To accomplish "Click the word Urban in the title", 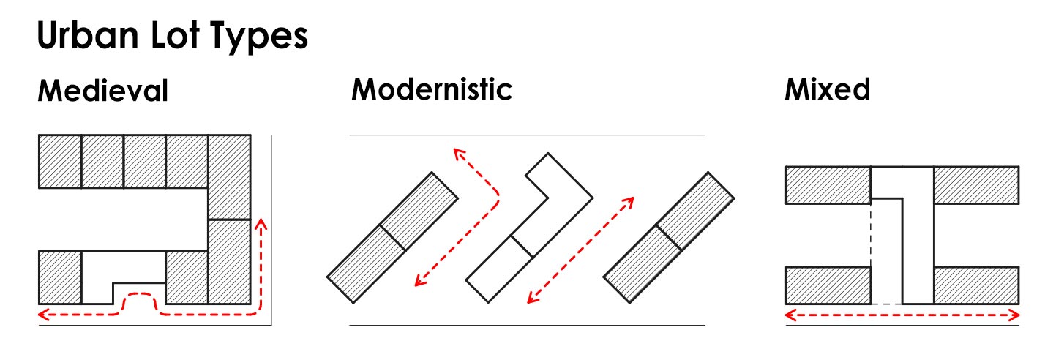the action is pos(88,34).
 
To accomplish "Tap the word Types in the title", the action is pos(259,37).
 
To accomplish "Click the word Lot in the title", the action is pos(175,34).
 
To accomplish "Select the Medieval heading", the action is pos(102,91).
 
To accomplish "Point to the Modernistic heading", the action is pos(432,89).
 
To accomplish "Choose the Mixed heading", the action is pos(827,89).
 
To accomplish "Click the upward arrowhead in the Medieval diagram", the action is pos(261,225).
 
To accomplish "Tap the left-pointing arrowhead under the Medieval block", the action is pos(44,315).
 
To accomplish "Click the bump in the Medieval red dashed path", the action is pos(140,295).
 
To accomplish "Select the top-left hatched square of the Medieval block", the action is pos(60,162).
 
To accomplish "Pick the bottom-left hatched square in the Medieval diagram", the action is pos(60,278).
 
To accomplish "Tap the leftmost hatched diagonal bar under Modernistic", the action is pos(392,238).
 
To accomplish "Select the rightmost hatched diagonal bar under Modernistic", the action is pos(669,238).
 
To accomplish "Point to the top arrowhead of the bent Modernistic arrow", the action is pos(459,154).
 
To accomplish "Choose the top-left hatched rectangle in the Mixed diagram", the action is pos(828,185).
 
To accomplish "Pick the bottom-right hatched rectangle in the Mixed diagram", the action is pos(976,285).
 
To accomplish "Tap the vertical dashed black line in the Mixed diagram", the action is pos(871,254).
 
